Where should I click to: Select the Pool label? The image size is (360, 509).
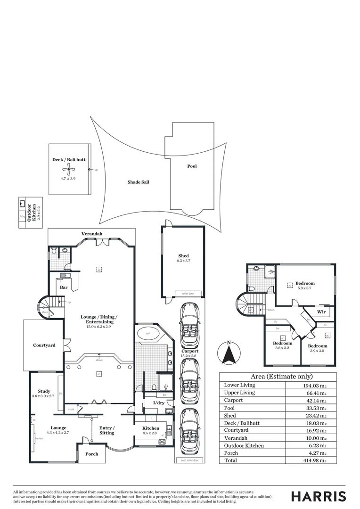click(192, 166)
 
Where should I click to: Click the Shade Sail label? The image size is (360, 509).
click(138, 182)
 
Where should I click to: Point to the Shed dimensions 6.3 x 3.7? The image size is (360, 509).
click(183, 261)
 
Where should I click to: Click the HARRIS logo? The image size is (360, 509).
click(319, 496)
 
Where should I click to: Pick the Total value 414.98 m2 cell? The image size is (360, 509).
click(311, 460)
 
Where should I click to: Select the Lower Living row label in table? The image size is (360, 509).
click(239, 385)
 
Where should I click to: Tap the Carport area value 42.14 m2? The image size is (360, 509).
click(311, 400)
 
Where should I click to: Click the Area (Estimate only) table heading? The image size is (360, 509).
click(278, 377)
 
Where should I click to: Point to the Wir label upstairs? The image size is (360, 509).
click(321, 312)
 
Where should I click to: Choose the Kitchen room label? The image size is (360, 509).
click(151, 428)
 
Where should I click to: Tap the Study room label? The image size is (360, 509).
click(44, 391)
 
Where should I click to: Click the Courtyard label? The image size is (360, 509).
click(44, 345)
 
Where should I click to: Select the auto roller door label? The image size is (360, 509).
click(189, 460)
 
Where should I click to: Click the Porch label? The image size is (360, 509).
click(91, 454)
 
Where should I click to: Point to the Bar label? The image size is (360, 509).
click(63, 287)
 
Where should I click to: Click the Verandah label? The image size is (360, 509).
click(91, 234)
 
